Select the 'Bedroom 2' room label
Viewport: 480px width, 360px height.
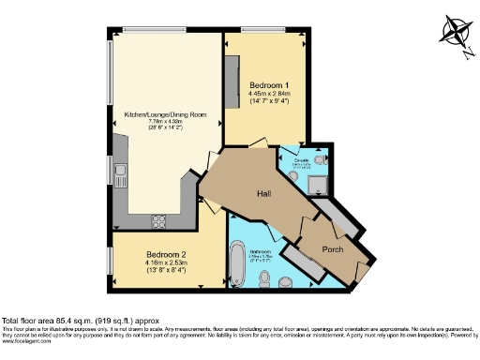point(164,254)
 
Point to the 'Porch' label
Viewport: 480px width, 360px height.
point(334,249)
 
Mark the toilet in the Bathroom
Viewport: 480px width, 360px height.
point(269,280)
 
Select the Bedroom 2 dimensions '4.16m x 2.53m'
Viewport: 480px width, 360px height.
point(164,262)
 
